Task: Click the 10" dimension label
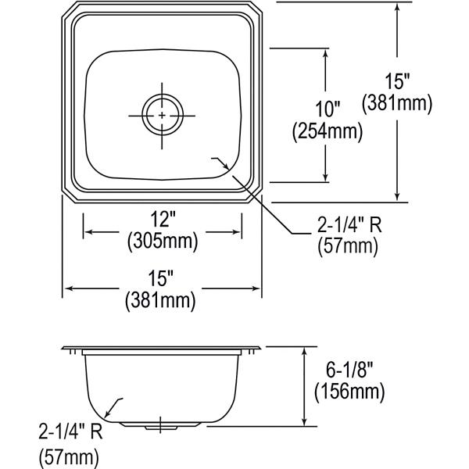coord(328,109)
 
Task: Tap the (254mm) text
coord(328,131)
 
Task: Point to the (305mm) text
coord(163,241)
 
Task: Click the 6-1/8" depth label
coord(349,370)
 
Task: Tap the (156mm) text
coord(349,392)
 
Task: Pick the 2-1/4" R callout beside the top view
coord(349,224)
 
